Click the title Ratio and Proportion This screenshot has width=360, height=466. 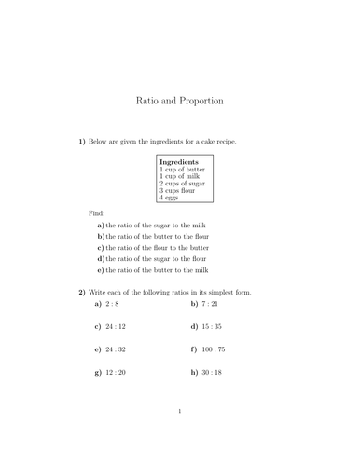pyautogui.click(x=179, y=100)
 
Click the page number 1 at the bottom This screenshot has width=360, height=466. pyautogui.click(x=180, y=436)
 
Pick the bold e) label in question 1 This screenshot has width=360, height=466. pyautogui.click(x=101, y=270)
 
